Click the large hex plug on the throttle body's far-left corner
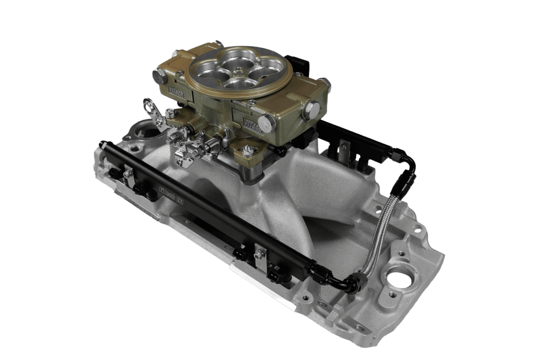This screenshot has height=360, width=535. (159, 76)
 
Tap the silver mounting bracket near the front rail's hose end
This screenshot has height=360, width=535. (259, 254)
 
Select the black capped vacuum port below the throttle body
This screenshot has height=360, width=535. (281, 151)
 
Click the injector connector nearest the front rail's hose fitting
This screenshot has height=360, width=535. (275, 274)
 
